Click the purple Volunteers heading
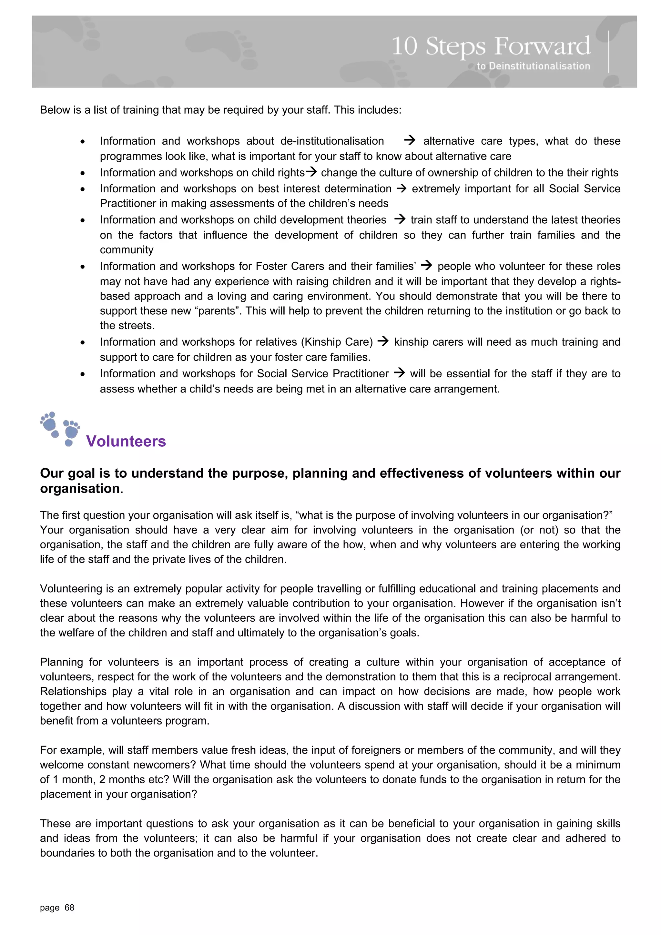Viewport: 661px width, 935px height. point(126,441)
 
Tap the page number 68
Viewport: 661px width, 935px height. point(69,907)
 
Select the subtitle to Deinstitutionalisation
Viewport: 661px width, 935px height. point(533,66)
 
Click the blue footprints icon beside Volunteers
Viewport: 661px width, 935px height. point(60,429)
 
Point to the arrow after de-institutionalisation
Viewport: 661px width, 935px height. point(409,140)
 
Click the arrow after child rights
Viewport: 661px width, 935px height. point(311,172)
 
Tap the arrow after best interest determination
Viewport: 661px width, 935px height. point(402,188)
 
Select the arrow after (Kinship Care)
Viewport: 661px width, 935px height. point(383,341)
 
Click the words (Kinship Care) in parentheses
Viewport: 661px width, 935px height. point(337,342)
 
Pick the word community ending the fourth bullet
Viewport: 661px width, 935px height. point(127,249)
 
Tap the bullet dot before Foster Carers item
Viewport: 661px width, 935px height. point(83,267)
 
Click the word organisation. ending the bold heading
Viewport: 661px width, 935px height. point(81,488)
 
